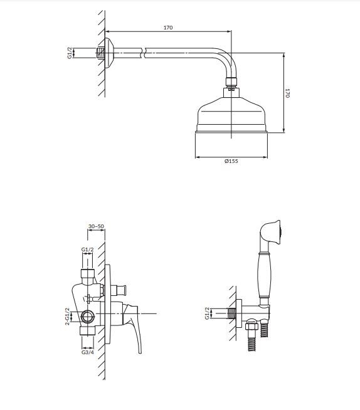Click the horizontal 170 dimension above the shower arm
coord(167,28)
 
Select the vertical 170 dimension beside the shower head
coord(288,92)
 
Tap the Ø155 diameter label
coord(231,162)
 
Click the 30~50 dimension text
coord(96,226)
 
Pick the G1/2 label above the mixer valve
coord(88,250)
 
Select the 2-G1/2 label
coord(67,316)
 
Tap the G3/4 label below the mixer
coord(88,352)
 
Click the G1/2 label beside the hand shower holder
coord(208,312)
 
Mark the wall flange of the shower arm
coord(109,54)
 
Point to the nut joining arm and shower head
coord(231,81)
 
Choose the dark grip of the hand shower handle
coord(265,276)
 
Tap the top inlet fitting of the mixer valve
coord(87,275)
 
